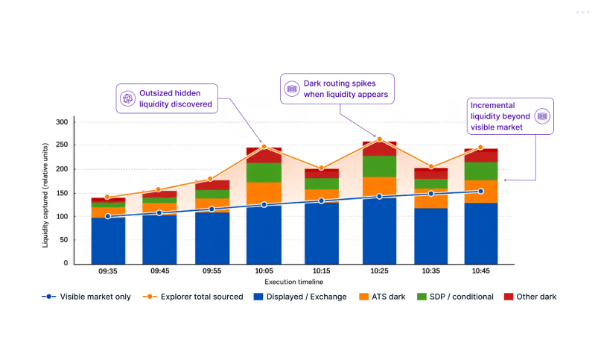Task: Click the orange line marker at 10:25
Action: tap(380, 139)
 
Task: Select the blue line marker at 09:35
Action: tap(108, 216)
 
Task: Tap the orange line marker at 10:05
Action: tap(264, 147)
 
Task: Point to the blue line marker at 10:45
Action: tap(480, 191)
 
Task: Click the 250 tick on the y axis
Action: tap(62, 145)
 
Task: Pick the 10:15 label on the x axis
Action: tap(321, 271)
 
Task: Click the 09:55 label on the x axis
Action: tap(212, 271)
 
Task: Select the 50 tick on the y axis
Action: tap(64, 240)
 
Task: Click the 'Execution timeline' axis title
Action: tap(293, 282)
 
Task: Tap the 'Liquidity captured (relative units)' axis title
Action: tap(45, 195)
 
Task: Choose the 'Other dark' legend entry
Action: tap(530, 297)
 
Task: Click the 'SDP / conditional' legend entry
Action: tap(455, 297)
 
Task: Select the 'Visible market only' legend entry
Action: tap(86, 297)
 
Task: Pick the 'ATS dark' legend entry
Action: tap(382, 297)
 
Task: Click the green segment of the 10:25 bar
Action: tap(380, 166)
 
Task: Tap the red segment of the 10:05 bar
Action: tap(264, 156)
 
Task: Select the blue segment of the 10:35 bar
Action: tap(430, 236)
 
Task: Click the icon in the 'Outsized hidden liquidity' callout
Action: tap(127, 98)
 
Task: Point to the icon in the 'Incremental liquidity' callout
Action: tap(542, 116)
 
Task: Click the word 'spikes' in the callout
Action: tap(363, 83)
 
